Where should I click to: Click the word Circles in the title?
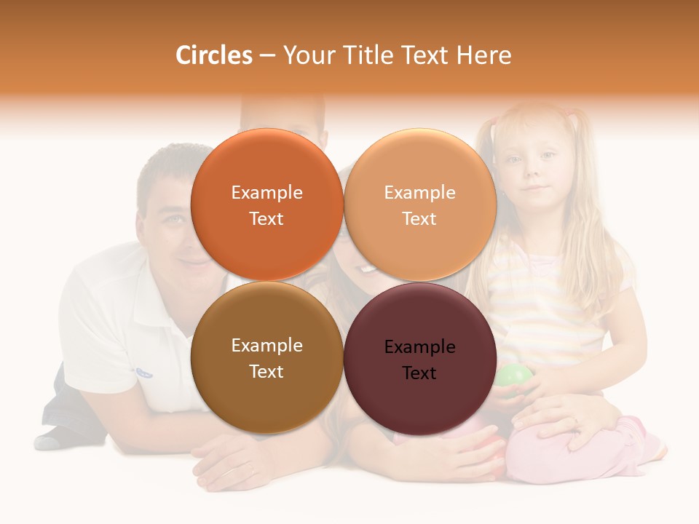point(214,55)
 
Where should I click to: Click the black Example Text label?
point(419,360)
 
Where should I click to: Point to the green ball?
point(515,378)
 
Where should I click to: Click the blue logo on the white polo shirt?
point(144,373)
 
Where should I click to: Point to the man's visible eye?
point(173,218)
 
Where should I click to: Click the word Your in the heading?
point(307,55)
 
